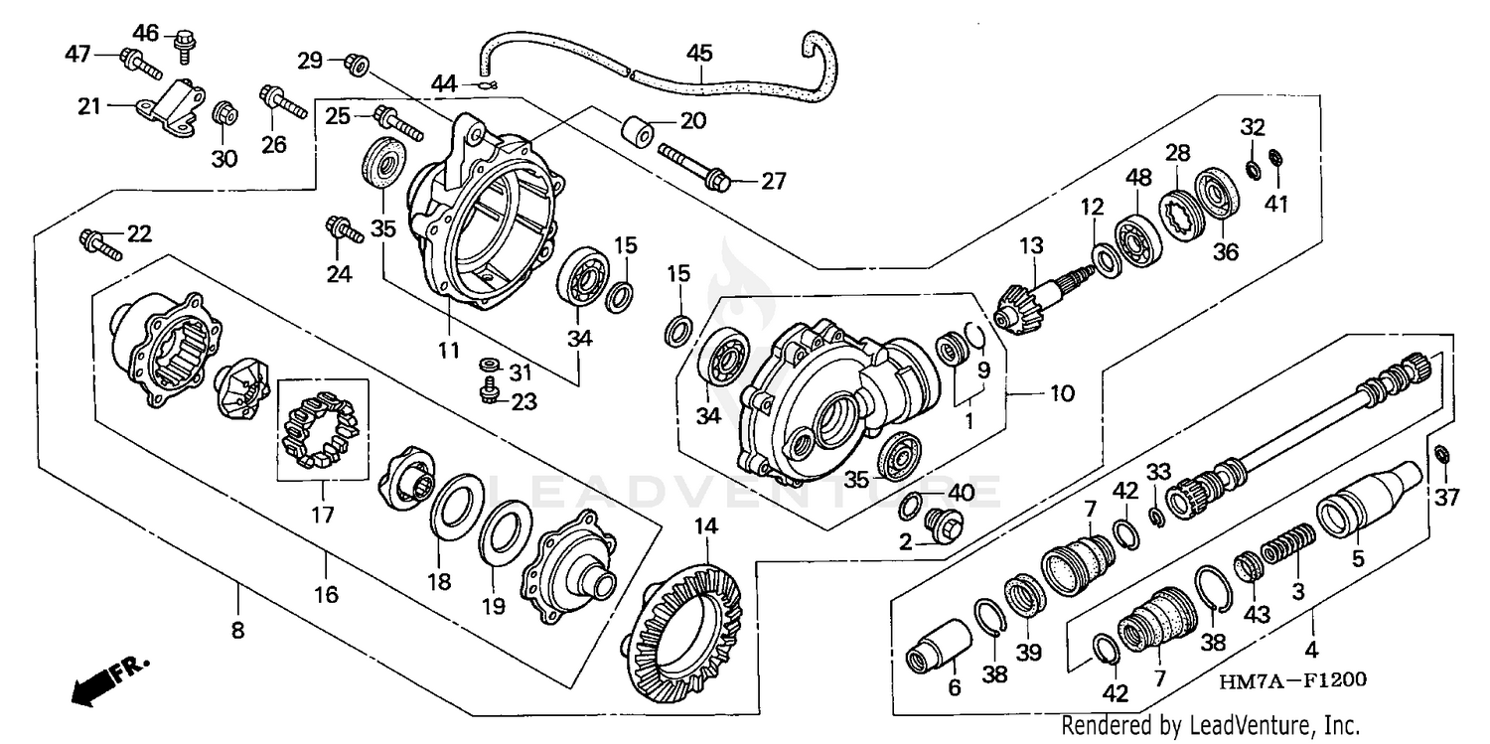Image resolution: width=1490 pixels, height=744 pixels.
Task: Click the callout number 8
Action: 237,629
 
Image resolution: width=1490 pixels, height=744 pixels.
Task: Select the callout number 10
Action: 1062,393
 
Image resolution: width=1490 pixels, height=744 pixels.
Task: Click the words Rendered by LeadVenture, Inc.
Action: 1210,725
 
